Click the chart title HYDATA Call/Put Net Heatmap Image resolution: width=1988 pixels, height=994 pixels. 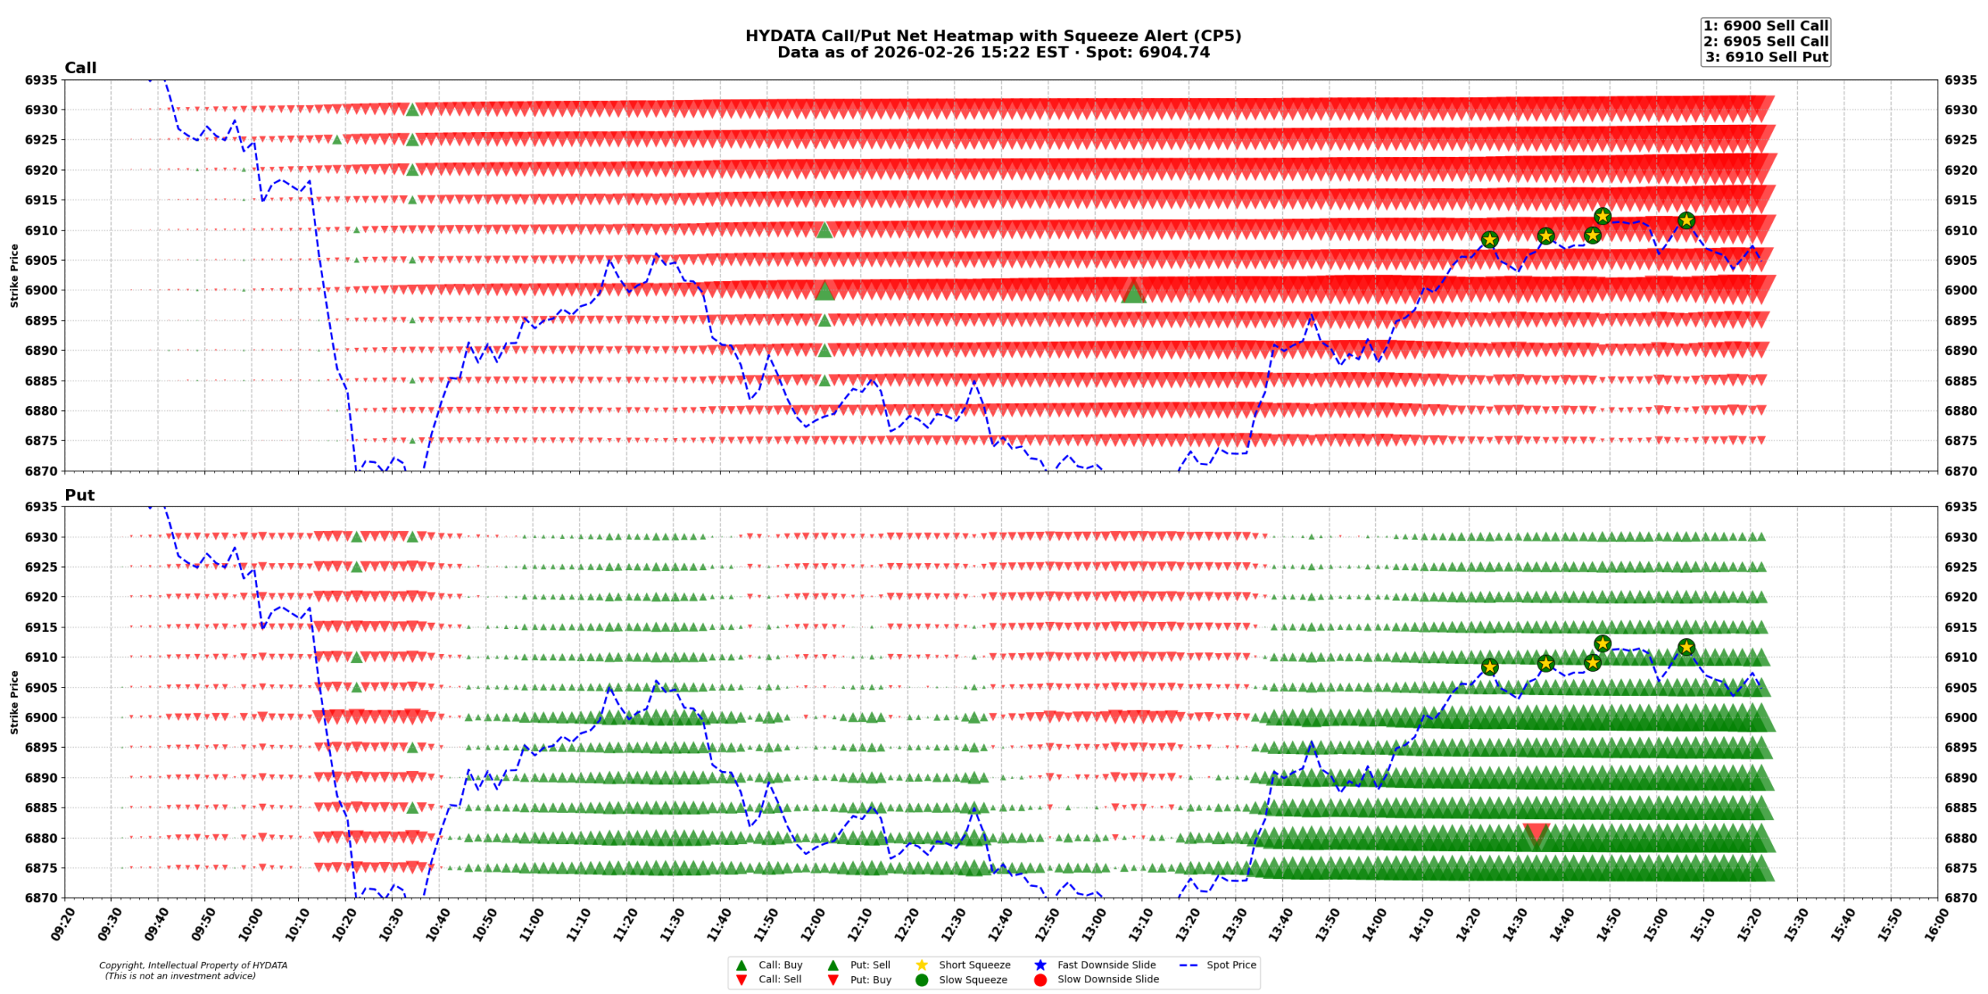click(992, 36)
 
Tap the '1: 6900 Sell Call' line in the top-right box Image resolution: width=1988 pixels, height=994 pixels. click(1765, 26)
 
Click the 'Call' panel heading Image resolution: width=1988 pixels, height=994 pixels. click(80, 68)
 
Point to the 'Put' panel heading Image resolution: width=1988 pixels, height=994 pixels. click(79, 495)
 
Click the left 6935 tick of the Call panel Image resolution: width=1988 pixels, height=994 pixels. click(40, 80)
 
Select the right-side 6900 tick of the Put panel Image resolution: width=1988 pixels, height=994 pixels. click(1960, 718)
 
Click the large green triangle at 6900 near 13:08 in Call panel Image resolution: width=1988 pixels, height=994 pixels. click(1133, 293)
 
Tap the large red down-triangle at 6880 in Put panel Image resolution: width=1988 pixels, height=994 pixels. click(1535, 834)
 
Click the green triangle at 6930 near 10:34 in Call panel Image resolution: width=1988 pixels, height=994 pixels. click(412, 109)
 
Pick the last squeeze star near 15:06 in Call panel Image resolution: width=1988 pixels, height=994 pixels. click(1686, 221)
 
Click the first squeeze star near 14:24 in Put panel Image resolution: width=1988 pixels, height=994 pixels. click(1489, 666)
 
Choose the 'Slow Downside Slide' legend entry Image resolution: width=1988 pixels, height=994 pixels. click(1107, 979)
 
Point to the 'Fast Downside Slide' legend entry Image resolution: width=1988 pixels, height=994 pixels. click(1106, 964)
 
